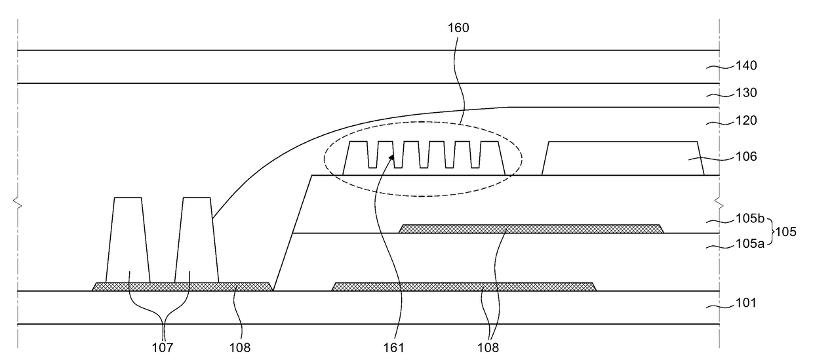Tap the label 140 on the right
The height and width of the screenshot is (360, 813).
746,66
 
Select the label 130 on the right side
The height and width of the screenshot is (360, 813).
746,93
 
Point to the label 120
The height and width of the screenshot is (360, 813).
746,121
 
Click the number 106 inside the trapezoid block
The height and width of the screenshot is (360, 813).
746,157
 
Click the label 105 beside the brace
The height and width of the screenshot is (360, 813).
786,232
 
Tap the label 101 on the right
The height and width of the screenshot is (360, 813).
746,303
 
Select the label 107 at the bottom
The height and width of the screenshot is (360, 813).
163,347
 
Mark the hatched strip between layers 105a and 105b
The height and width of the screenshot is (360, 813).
531,229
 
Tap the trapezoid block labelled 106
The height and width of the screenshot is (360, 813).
623,158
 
